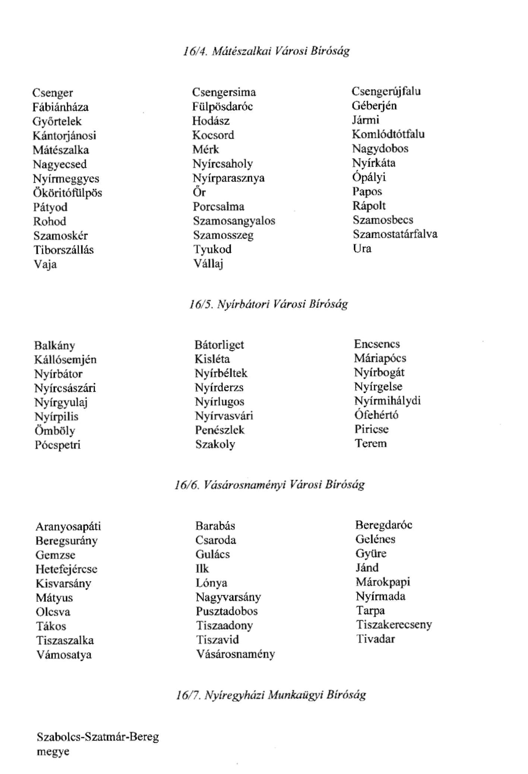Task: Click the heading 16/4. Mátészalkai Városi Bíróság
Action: coord(266,51)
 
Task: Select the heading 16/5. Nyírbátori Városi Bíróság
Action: coord(268,304)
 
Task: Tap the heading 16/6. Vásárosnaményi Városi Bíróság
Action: coord(269,484)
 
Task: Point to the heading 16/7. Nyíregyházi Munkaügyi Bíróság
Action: coord(271,695)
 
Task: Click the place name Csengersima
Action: coord(224,92)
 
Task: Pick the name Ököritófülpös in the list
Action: coord(67,193)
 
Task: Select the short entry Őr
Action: coord(199,192)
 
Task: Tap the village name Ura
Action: coord(362,248)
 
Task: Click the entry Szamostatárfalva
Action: coord(395,234)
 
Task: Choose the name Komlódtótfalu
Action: coord(388,134)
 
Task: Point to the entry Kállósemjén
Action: coord(65,360)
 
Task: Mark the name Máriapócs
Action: coord(380,358)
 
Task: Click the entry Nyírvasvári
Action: coord(224,416)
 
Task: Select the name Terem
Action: coord(370,443)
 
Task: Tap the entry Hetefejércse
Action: coord(66,569)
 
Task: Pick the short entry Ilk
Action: coord(202,569)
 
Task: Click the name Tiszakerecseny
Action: coord(393,625)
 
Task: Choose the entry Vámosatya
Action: coord(64,654)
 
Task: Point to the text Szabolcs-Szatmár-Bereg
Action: coord(98,737)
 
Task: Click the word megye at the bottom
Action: coord(53,751)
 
